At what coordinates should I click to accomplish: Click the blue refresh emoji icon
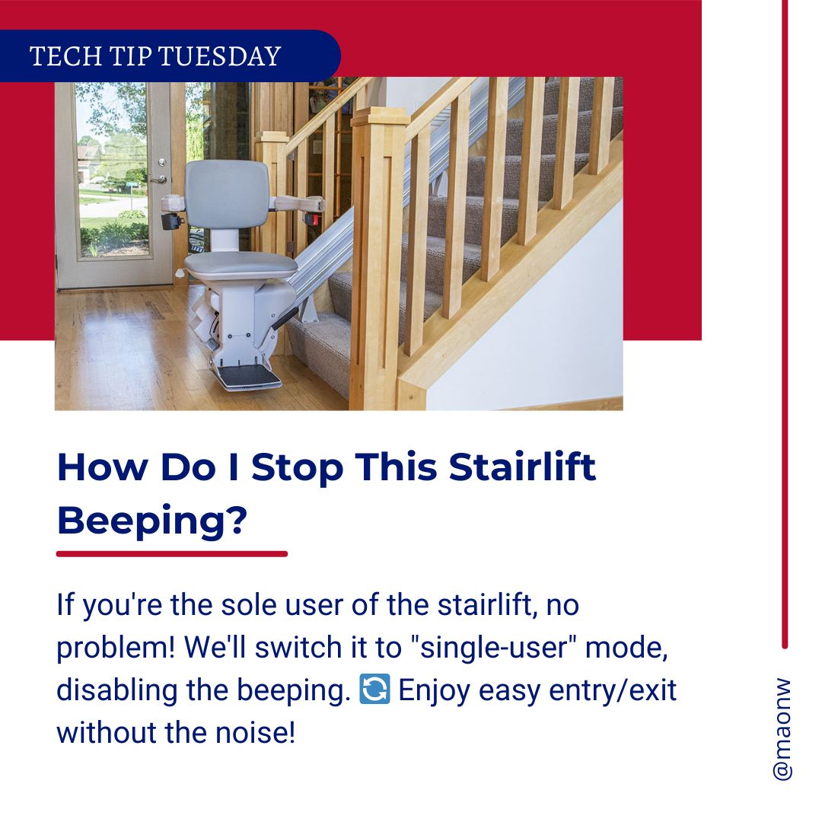click(x=374, y=689)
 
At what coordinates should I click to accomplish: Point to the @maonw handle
click(x=782, y=729)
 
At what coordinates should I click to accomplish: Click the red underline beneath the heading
click(x=172, y=553)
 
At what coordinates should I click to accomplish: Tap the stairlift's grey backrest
click(x=228, y=194)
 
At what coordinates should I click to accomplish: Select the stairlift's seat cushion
click(x=241, y=266)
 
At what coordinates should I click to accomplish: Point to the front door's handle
click(x=159, y=180)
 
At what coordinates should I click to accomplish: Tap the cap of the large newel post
click(x=380, y=116)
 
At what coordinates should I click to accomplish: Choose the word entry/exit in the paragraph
click(x=613, y=690)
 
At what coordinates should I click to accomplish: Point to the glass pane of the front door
click(x=113, y=170)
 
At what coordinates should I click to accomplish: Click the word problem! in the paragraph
click(x=116, y=648)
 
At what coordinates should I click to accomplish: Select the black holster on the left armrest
click(x=173, y=221)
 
